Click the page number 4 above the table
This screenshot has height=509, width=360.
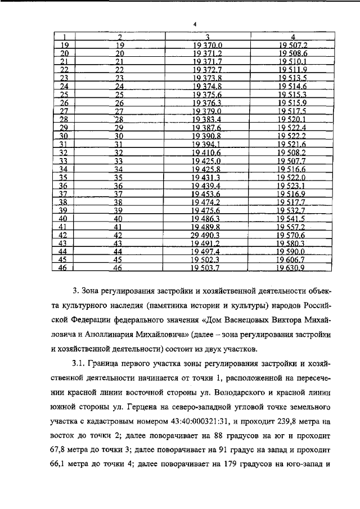(193, 24)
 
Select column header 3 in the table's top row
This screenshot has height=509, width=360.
(208, 38)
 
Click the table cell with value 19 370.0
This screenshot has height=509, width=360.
(208, 45)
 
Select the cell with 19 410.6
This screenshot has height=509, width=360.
(208, 152)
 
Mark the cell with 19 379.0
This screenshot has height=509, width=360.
(208, 111)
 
